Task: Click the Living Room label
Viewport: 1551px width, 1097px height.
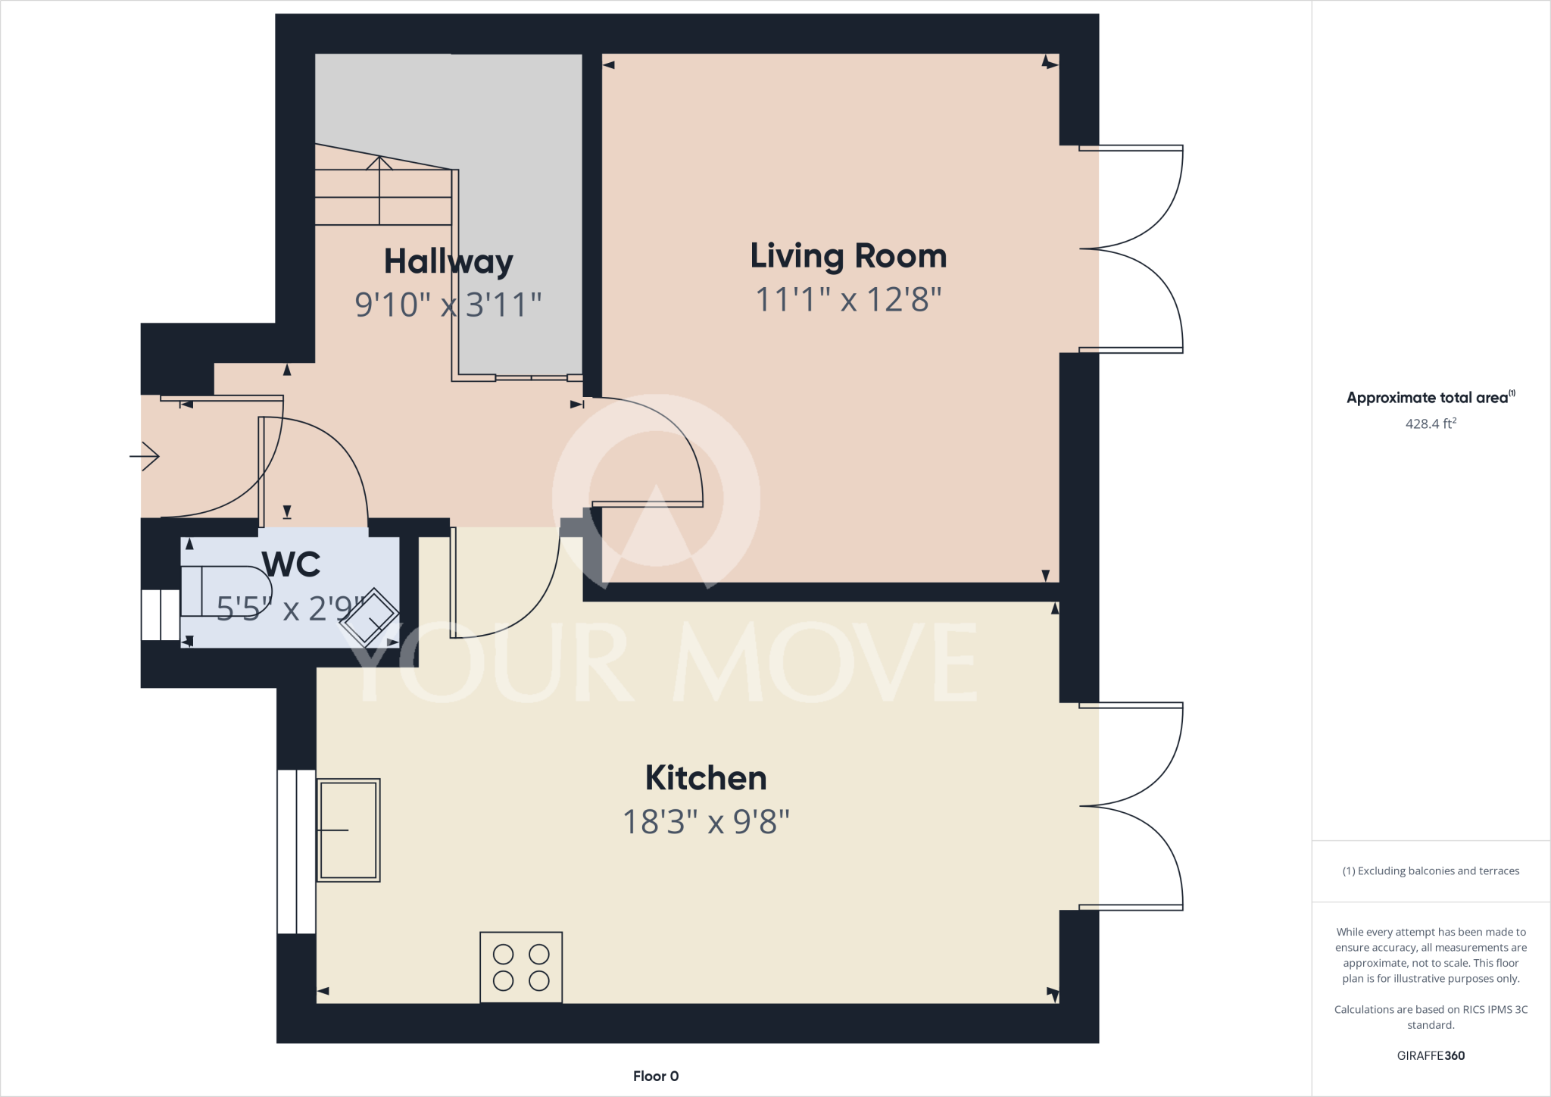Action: tap(848, 256)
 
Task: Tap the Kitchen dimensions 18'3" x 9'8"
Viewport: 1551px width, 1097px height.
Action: tap(706, 822)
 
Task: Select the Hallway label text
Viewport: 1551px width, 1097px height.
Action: tap(448, 261)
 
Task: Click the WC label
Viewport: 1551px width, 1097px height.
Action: tap(291, 564)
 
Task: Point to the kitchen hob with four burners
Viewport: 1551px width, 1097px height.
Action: tap(521, 967)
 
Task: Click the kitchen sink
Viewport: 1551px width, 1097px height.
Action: tap(348, 830)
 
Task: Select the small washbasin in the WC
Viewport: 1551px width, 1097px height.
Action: tap(370, 617)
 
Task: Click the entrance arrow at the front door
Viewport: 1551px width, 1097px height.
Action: tap(145, 456)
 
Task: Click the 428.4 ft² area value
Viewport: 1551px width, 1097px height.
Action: tap(1431, 423)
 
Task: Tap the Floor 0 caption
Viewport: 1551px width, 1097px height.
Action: tap(656, 1076)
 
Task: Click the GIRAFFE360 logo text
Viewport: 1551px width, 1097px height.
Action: tap(1431, 1055)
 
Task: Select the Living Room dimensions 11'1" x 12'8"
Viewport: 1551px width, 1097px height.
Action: tap(848, 300)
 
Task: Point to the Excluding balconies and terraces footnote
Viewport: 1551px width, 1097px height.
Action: tap(1431, 871)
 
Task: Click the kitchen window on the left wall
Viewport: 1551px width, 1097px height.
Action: tap(296, 852)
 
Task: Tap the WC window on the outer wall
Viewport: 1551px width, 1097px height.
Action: tap(161, 614)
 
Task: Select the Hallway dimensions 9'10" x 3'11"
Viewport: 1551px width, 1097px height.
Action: tap(448, 305)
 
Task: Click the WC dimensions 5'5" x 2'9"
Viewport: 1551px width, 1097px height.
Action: tap(291, 608)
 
